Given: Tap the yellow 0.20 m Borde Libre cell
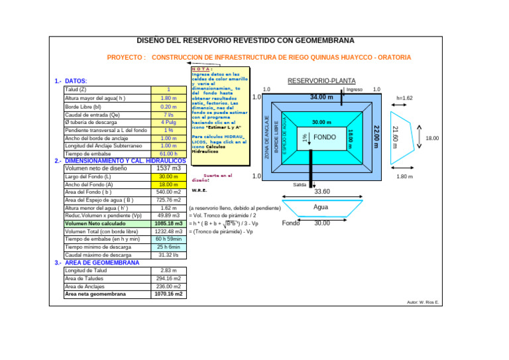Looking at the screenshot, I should click(168, 106).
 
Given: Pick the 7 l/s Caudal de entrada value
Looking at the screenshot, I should click(168, 114).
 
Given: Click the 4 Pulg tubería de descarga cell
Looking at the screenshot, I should click(168, 122).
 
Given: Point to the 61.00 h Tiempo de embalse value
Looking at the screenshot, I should click(168, 153).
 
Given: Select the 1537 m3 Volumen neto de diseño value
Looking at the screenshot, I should click(168, 168).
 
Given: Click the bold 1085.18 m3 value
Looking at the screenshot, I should click(168, 223).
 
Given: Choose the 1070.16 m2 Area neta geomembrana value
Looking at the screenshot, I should click(168, 294).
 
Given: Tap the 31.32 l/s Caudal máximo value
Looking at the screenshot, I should click(168, 255).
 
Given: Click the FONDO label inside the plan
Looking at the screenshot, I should click(325, 137).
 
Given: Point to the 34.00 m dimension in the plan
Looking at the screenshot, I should click(321, 97).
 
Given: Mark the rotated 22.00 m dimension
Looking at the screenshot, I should click(376, 136).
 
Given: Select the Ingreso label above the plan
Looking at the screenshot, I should click(355, 90).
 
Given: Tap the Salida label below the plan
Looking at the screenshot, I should click(300, 185).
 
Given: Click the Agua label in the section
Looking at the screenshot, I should click(321, 207).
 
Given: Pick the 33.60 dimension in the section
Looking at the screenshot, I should click(322, 192).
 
